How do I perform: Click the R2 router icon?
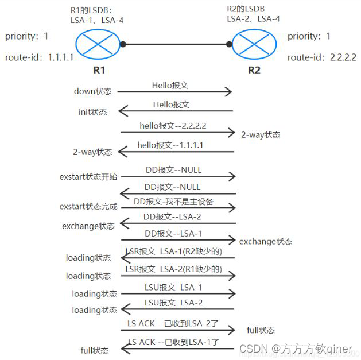(x=254, y=44)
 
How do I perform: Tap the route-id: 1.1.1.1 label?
(x=39, y=57)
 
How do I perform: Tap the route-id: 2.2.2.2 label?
(x=322, y=57)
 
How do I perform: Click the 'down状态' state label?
(x=93, y=91)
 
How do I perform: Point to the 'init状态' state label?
(x=92, y=112)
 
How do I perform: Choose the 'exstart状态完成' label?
(x=88, y=206)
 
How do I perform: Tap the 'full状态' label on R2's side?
(x=261, y=330)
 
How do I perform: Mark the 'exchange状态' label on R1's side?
(x=88, y=226)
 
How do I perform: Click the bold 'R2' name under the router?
(x=254, y=71)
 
